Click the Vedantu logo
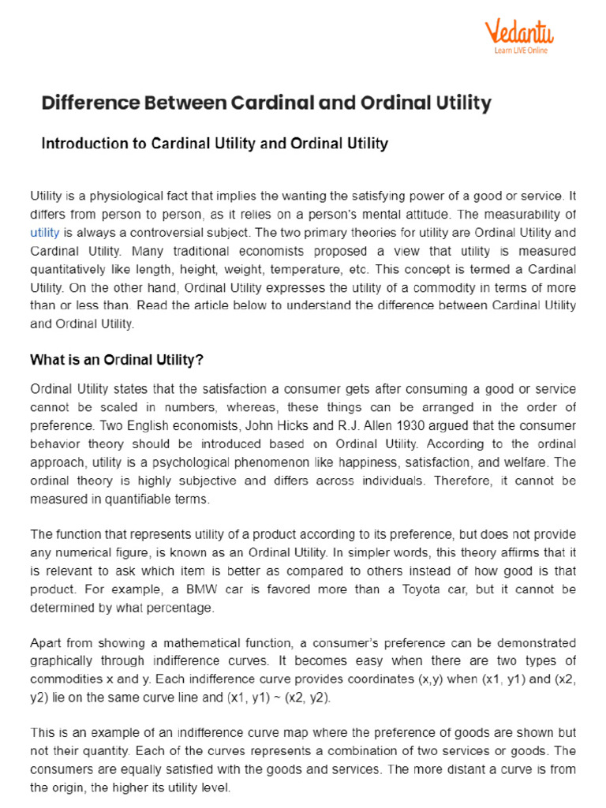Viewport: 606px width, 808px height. click(518, 34)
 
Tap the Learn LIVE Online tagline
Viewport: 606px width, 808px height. click(520, 50)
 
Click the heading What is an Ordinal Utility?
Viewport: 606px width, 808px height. click(116, 360)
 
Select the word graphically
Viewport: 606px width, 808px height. click(61, 660)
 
